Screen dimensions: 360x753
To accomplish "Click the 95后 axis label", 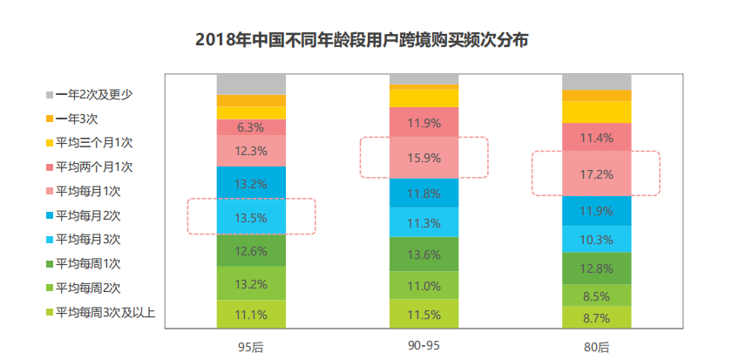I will pyautogui.click(x=251, y=347).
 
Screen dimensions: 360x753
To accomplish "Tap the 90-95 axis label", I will pyautogui.click(x=424, y=346).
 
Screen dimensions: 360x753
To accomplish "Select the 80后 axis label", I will pyautogui.click(x=596, y=347).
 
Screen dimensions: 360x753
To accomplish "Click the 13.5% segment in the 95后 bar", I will pyautogui.click(x=251, y=218).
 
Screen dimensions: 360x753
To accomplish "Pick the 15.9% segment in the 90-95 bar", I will pyautogui.click(x=424, y=158).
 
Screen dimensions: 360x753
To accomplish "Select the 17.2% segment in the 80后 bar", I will pyautogui.click(x=596, y=174).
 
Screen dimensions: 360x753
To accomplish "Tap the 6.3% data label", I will pyautogui.click(x=251, y=127).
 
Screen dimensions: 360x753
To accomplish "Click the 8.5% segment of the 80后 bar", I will pyautogui.click(x=596, y=295).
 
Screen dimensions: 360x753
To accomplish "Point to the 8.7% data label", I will pyautogui.click(x=596, y=316).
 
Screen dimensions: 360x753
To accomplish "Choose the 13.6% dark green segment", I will pyautogui.click(x=424, y=255).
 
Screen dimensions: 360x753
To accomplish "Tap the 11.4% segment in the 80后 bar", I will pyautogui.click(x=596, y=137).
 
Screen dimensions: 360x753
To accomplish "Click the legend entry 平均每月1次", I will pyautogui.click(x=93, y=190).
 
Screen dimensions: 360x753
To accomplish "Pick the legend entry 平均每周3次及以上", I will pyautogui.click(x=105, y=311).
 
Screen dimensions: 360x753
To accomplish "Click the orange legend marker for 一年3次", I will pyautogui.click(x=48, y=118).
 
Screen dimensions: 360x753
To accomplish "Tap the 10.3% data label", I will pyautogui.click(x=596, y=239).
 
